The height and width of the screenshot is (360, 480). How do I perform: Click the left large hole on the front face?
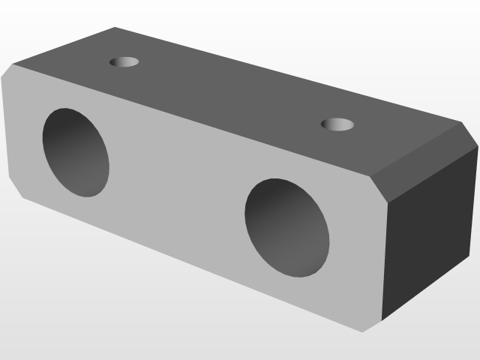point(76,152)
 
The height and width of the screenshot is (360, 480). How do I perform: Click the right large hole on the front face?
point(286,227)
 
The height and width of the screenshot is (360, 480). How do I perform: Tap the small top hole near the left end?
point(124,61)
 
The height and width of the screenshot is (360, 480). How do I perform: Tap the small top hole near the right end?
point(337,124)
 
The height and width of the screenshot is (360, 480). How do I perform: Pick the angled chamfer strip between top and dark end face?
point(424,162)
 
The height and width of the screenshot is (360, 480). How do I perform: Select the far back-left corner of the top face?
point(115,28)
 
